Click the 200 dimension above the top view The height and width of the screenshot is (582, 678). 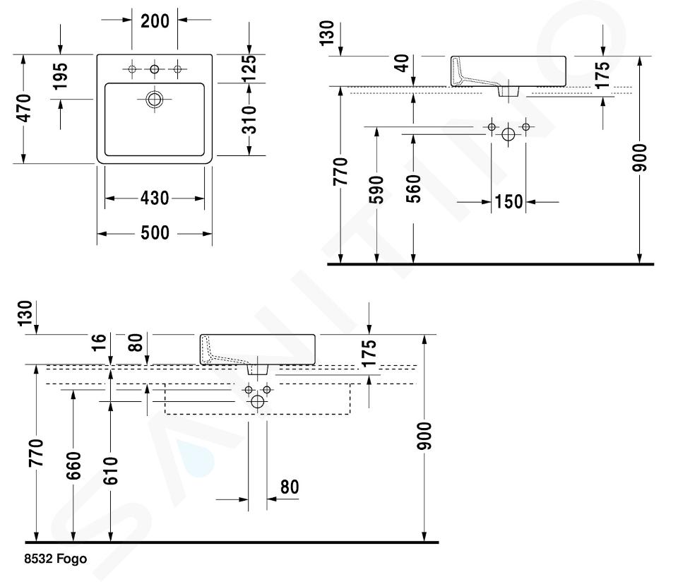(x=155, y=21)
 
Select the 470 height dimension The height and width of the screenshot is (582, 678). (x=23, y=108)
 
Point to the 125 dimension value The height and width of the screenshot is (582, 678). (x=249, y=68)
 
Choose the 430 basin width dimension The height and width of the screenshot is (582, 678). (x=155, y=198)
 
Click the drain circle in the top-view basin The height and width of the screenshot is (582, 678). (x=155, y=99)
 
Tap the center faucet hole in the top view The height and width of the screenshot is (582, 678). (x=155, y=69)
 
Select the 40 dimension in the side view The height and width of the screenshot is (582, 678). (x=401, y=62)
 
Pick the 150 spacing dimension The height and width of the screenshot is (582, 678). (x=509, y=202)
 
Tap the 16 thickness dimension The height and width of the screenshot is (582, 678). (x=100, y=343)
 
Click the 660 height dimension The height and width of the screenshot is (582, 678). (x=73, y=465)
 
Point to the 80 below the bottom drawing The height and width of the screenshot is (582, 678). (x=290, y=487)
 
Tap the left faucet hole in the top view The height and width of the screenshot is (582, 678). (x=132, y=69)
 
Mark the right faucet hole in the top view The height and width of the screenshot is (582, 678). (x=177, y=69)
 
